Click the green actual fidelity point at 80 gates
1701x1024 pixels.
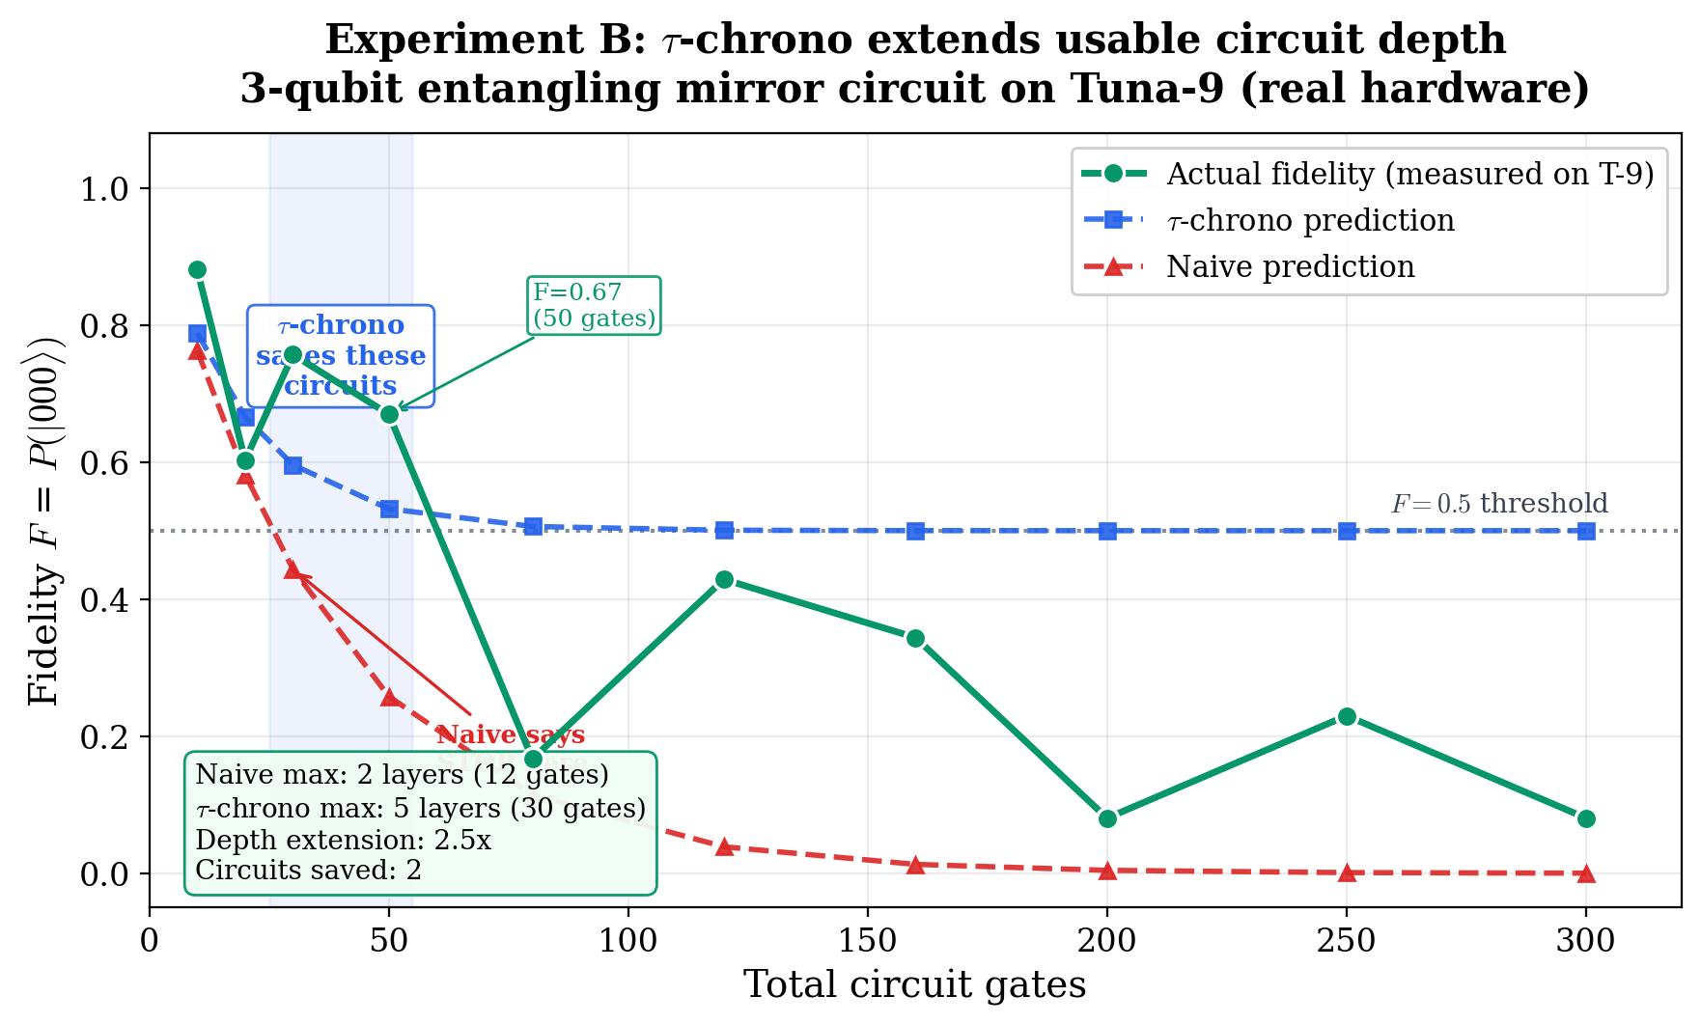click(x=533, y=759)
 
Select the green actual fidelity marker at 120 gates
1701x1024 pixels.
click(x=724, y=580)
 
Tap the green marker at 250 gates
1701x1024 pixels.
click(x=1347, y=716)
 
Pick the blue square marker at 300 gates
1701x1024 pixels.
click(x=1586, y=531)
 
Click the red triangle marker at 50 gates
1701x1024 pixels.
click(x=389, y=697)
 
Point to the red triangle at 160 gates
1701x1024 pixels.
click(x=915, y=864)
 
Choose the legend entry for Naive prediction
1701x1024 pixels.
click(x=1290, y=266)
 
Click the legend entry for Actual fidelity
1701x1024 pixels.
click(x=1409, y=174)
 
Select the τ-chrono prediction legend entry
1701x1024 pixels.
click(x=1310, y=220)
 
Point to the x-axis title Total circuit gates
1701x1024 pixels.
click(x=914, y=985)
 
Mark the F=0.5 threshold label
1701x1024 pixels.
click(x=1498, y=504)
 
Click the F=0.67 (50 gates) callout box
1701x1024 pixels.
click(x=594, y=305)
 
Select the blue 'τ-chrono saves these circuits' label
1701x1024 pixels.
click(x=341, y=355)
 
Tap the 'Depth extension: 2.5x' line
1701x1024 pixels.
click(x=343, y=840)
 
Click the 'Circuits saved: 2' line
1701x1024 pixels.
click(x=308, y=871)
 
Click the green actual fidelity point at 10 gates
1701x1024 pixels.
click(x=197, y=269)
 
